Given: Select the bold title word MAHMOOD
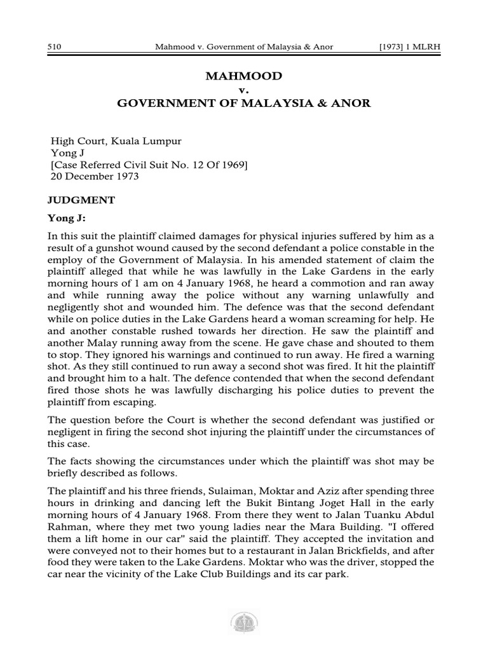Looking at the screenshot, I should tap(243, 76).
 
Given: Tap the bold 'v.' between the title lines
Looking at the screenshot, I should tap(243, 90).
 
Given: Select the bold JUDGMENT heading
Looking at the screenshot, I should tap(81, 200).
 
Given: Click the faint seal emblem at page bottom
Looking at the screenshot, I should tap(243, 623).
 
